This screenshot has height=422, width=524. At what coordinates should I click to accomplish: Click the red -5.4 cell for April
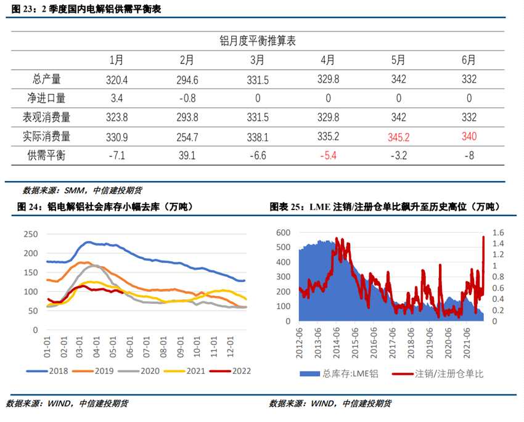[328, 156]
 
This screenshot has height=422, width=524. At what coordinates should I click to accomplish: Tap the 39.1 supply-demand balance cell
[187, 156]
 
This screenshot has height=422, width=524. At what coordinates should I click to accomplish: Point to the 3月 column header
[258, 60]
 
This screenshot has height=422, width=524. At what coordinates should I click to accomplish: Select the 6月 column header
[469, 60]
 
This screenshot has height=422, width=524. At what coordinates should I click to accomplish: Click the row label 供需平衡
[50, 156]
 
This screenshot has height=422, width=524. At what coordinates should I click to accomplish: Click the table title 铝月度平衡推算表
[258, 41]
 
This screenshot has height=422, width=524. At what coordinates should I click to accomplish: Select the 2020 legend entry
[144, 371]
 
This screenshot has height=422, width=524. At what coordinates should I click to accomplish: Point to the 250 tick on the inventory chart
[30, 234]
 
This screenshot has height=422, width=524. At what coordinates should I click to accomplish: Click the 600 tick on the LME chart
[283, 232]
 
